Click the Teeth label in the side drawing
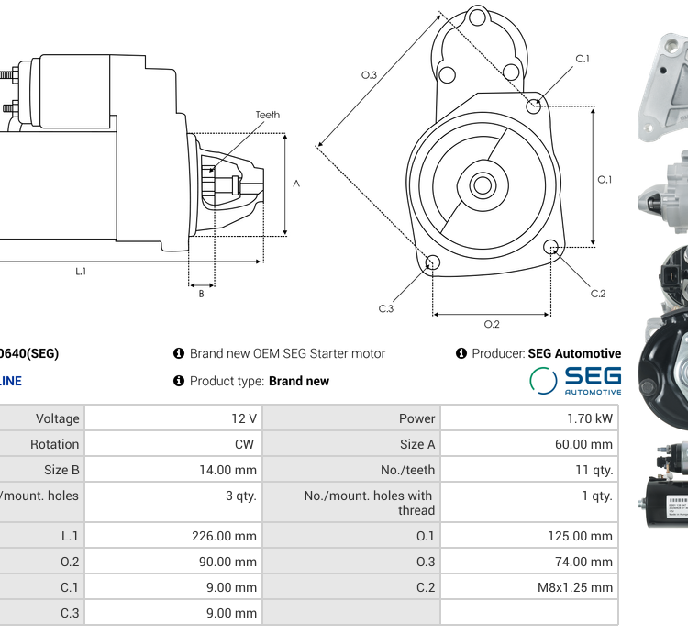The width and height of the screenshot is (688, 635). pos(268,115)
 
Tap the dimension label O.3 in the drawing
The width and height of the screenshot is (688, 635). pos(369,74)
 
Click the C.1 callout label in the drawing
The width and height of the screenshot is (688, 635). pos(583,59)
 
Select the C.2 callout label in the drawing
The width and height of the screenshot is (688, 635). pos(598,294)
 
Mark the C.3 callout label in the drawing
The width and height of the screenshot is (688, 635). pos(386,308)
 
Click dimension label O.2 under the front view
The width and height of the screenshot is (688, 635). pos(492,324)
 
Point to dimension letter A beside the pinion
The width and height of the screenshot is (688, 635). pos(296,184)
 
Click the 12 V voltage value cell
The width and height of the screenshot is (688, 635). pos(244,418)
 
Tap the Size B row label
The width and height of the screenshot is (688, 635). pos(56,470)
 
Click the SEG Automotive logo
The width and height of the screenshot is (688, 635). pos(575,380)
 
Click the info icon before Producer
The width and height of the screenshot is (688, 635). pos(461,353)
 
